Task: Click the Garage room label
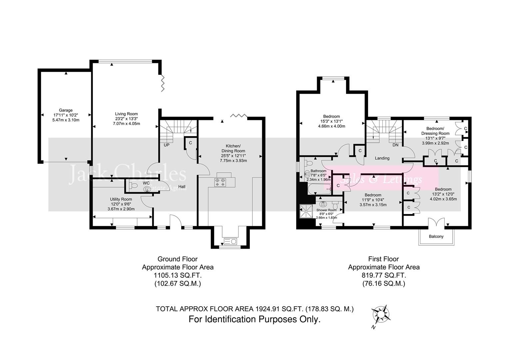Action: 66,110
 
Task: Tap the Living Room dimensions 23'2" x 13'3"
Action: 126,119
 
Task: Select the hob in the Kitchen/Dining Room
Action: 220,182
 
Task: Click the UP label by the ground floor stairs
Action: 166,145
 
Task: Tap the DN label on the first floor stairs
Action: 395,145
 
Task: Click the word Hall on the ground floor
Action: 182,187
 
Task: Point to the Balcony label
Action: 436,236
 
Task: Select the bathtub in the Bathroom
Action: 319,189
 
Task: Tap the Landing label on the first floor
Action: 382,158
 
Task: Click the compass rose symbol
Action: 380,314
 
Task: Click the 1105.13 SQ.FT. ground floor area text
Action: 178,276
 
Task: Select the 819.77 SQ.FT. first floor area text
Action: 383,276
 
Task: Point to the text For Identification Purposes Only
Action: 254,319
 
